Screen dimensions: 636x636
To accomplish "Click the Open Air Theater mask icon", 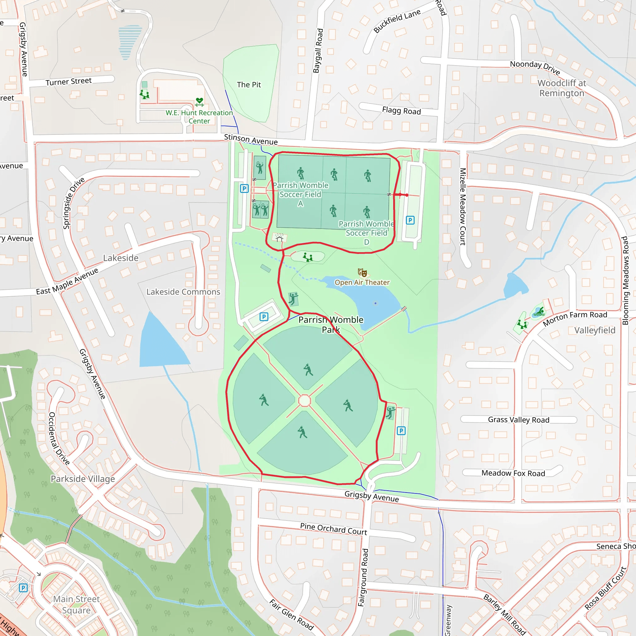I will (362, 273).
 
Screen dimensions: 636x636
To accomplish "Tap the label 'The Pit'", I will (249, 84).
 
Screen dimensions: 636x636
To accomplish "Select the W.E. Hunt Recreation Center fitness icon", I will (199, 102).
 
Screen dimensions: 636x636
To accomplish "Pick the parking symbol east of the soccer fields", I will (410, 220).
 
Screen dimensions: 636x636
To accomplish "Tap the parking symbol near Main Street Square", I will (23, 588).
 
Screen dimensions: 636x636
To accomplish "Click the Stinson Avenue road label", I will (251, 139).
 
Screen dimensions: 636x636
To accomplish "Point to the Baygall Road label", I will (318, 51).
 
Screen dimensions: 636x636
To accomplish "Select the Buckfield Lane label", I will (397, 21).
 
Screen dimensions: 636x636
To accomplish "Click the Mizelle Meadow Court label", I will (462, 207).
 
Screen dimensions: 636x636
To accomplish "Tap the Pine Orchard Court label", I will (334, 529).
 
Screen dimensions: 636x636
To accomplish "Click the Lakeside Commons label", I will (183, 292).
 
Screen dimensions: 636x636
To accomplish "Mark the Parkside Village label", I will (83, 479).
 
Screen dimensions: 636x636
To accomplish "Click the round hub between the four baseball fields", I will (305, 401).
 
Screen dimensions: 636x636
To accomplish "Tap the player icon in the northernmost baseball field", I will (308, 370).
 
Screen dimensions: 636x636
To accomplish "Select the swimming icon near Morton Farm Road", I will (539, 311).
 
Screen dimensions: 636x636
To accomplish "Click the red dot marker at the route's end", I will (407, 195).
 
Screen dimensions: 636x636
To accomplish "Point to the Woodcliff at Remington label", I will (561, 88).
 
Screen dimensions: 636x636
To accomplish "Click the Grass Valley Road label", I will (519, 420).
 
